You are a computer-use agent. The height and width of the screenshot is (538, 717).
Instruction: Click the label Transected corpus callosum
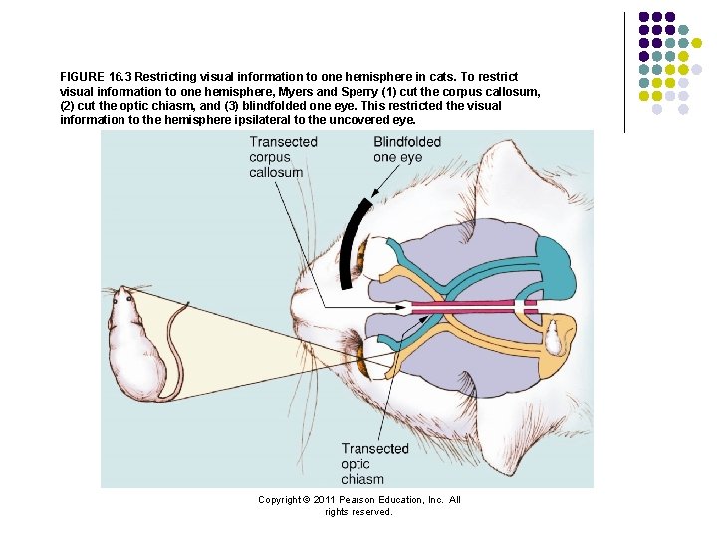tap(283, 157)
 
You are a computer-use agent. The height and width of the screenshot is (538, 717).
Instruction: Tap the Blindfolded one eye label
tap(406, 149)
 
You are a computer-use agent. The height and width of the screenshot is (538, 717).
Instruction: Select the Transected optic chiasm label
tap(374, 463)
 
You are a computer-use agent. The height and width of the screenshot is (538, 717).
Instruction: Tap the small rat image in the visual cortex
tap(551, 336)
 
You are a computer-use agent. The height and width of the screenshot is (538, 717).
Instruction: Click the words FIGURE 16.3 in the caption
tap(96, 77)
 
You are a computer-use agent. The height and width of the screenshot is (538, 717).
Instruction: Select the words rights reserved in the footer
tap(358, 512)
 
